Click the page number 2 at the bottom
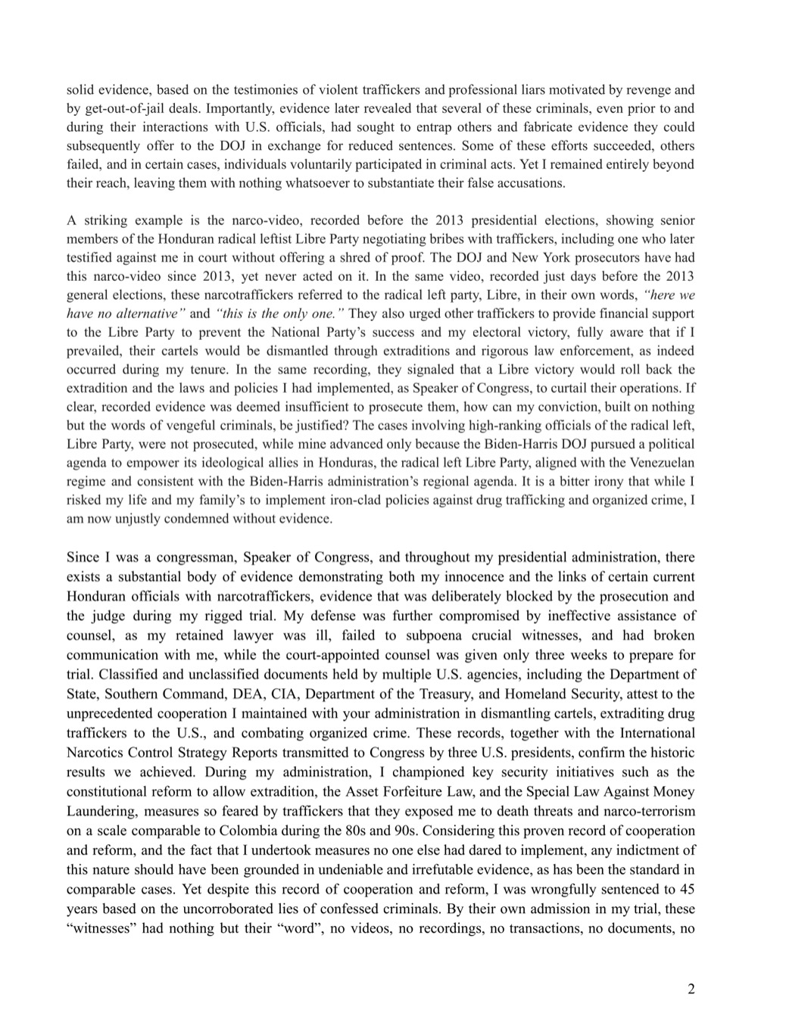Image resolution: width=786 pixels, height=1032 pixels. click(690, 989)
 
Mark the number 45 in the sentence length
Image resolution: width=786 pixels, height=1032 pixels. click(687, 889)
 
